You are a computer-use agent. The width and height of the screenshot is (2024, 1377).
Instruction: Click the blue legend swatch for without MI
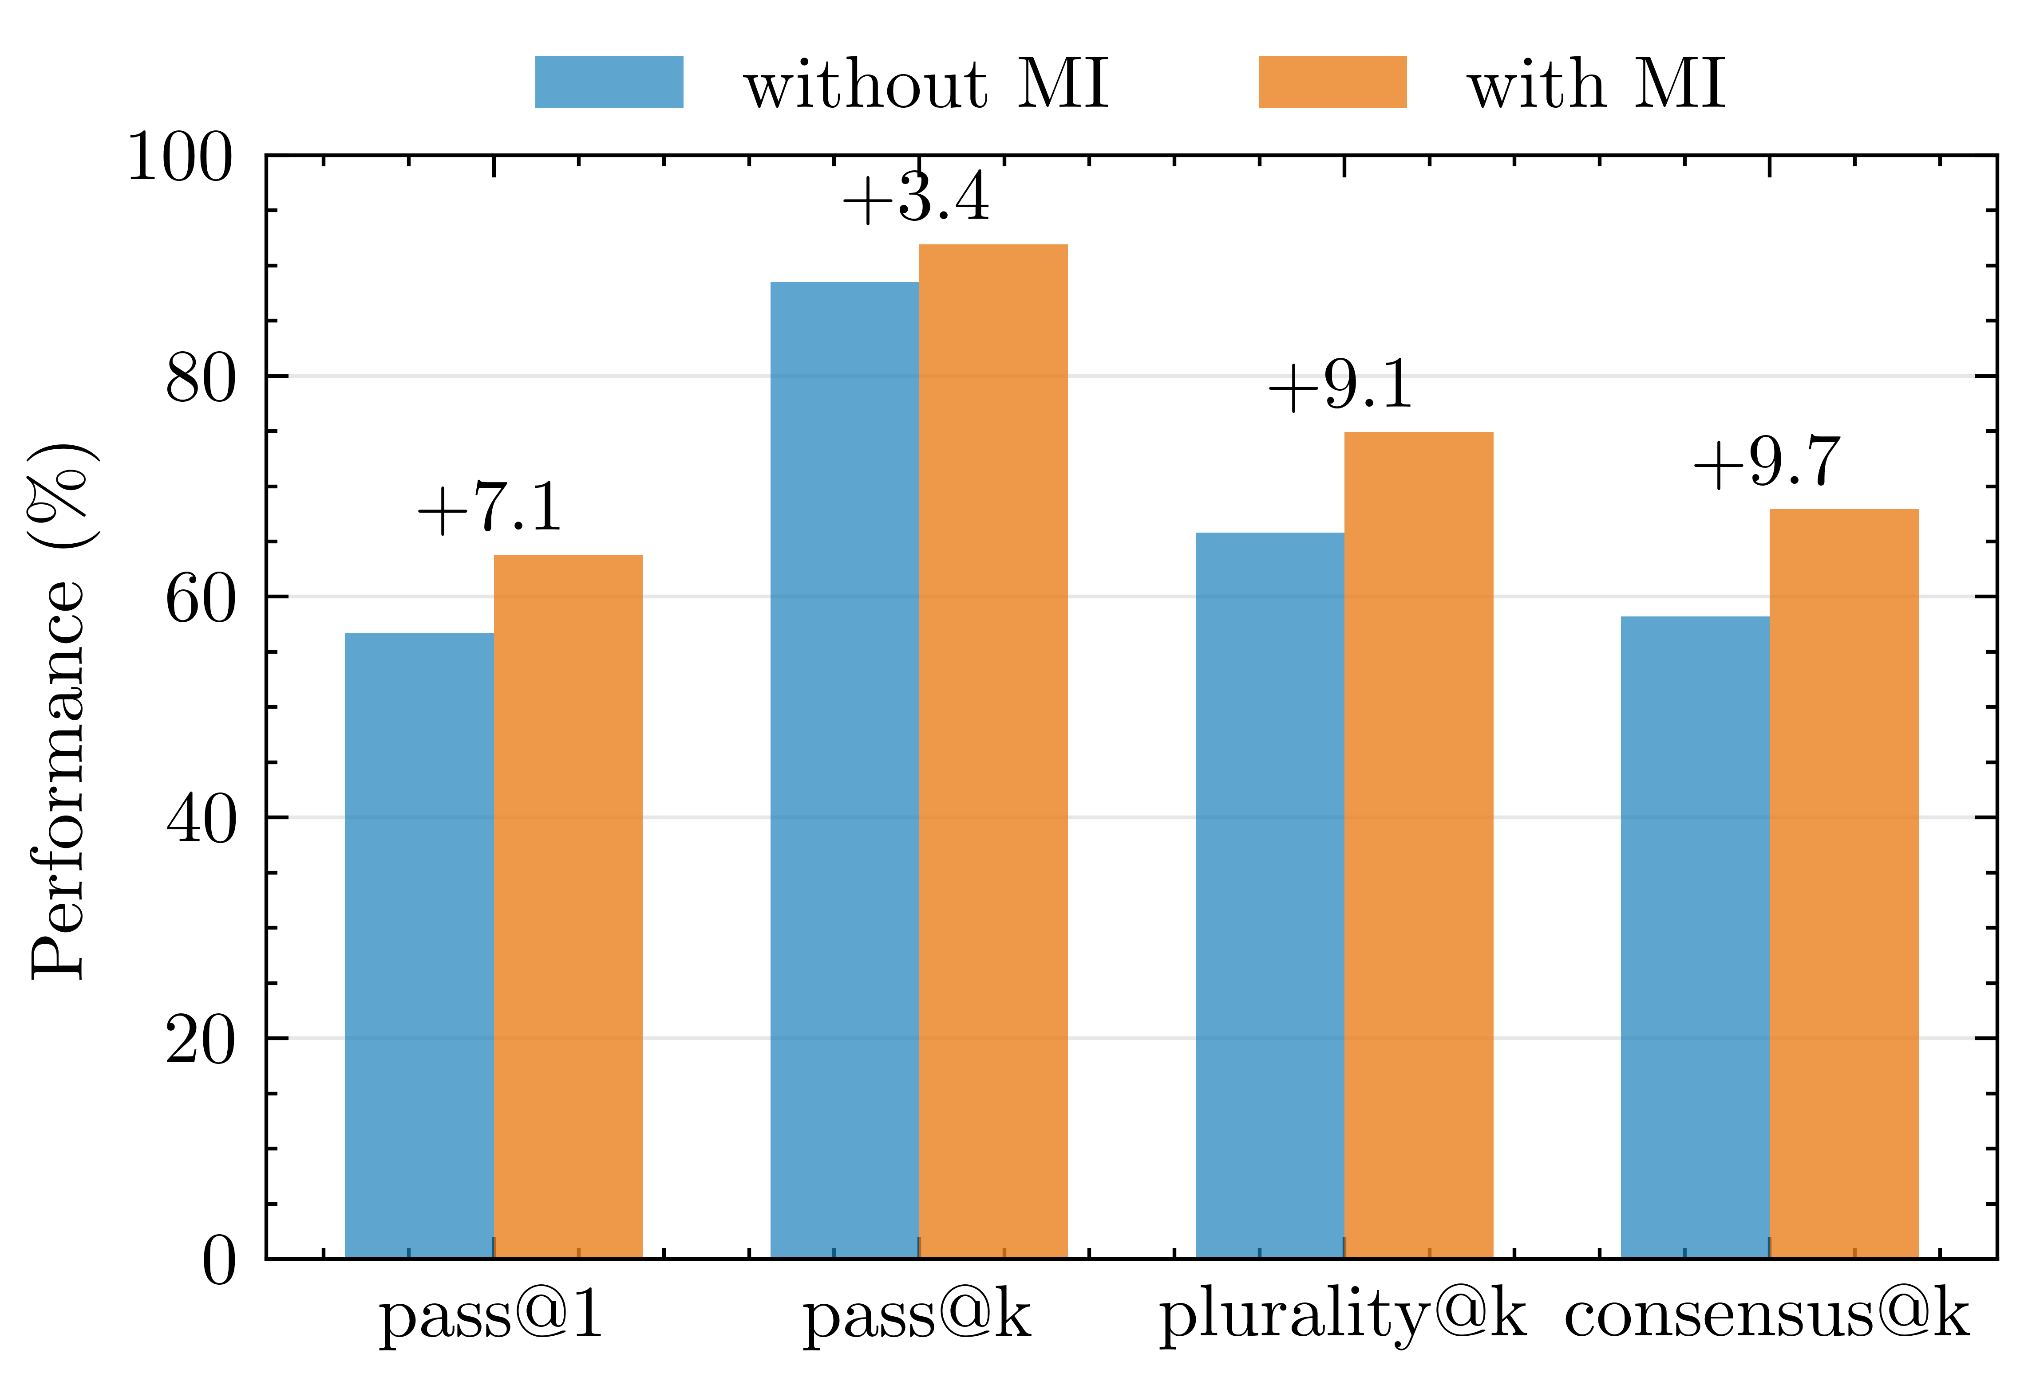tap(609, 82)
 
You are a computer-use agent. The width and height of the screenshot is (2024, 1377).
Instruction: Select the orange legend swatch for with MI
tap(1332, 82)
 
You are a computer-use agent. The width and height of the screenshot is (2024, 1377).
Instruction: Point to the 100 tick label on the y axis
tap(180, 158)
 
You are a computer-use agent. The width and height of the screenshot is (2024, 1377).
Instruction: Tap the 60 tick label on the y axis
tap(200, 600)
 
